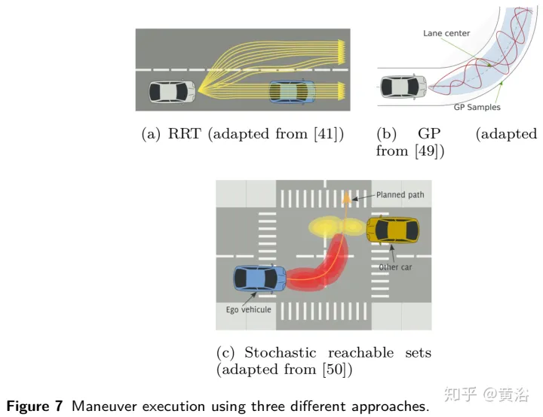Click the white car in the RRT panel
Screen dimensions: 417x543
(x=172, y=91)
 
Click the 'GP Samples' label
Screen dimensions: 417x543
(x=477, y=108)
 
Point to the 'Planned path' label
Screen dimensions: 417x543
(x=400, y=195)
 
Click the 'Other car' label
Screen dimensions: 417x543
(x=395, y=267)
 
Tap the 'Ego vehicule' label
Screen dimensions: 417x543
(x=248, y=309)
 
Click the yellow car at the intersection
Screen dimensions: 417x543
(x=392, y=230)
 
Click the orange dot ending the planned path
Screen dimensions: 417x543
(x=346, y=199)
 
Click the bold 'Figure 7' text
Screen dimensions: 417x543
(x=35, y=406)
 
